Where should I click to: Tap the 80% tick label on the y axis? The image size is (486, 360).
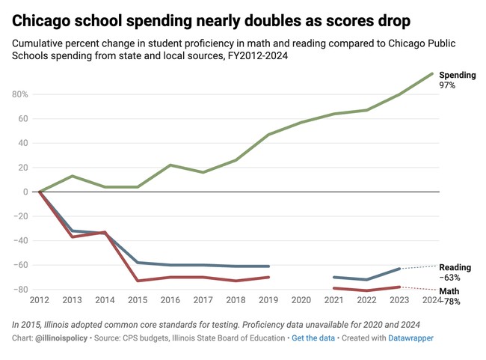coord(19,94)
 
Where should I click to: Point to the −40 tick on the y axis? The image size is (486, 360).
coord(20,240)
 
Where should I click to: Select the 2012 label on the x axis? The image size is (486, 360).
coord(39,299)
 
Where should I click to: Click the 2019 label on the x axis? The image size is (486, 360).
coord(268,299)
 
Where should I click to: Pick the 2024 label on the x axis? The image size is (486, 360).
coord(432,299)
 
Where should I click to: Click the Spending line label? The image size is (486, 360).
coord(457,75)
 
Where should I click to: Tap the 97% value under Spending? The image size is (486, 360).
coord(447,86)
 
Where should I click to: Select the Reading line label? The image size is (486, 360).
coord(455,267)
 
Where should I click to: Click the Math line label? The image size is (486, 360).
coord(449,291)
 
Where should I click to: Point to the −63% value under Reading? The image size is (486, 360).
coord(449,278)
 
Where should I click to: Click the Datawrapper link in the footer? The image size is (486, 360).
coord(410,338)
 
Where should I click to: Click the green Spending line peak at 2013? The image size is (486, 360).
coord(72,176)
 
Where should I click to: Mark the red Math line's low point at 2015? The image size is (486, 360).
coord(138,281)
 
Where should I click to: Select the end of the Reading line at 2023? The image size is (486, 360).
coord(399,269)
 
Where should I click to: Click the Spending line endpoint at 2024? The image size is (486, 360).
coord(432,73)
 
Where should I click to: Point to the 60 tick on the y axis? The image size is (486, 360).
coord(23,118)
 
